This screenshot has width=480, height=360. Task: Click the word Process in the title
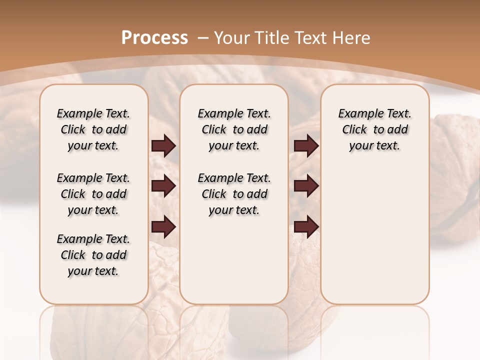(x=154, y=38)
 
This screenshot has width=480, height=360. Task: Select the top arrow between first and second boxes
(x=163, y=146)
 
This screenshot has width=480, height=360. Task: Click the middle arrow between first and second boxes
(x=163, y=186)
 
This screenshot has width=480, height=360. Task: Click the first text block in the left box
(x=93, y=129)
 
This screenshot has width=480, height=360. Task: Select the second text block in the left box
(x=93, y=194)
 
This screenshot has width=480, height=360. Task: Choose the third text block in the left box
(x=93, y=255)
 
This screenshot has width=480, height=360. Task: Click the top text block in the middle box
(x=234, y=129)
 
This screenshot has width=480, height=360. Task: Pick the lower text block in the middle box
(x=234, y=194)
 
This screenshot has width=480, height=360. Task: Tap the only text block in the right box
(x=374, y=129)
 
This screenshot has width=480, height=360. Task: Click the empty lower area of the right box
(x=374, y=235)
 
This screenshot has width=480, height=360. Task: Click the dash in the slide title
(x=203, y=38)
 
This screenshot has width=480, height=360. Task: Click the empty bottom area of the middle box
(x=234, y=265)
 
